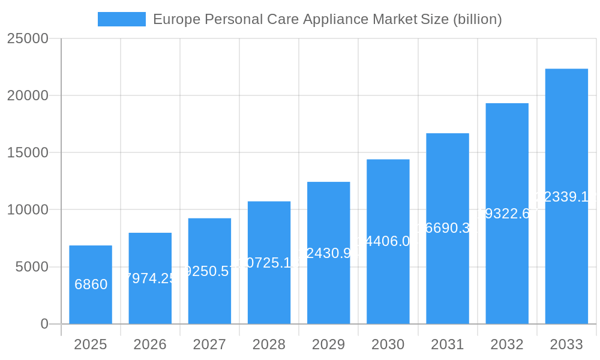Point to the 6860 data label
[x=91, y=284]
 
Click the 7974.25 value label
[x=150, y=278]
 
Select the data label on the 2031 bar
[x=448, y=228]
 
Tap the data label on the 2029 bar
[x=329, y=253]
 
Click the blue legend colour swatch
[x=122, y=19]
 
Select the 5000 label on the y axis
[x=31, y=267]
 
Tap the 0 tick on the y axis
[x=44, y=324]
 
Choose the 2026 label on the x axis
[x=150, y=344]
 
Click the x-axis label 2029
[x=329, y=344]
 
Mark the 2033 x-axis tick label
[x=566, y=344]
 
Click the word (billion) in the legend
[x=477, y=19]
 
